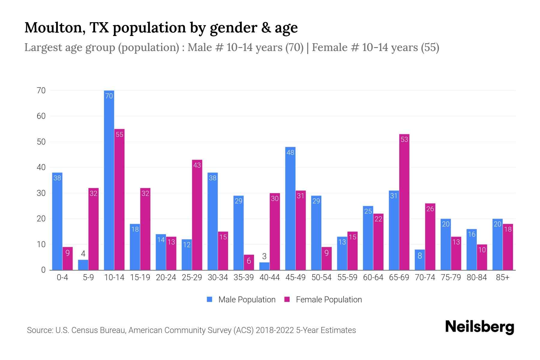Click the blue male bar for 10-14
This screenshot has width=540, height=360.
(x=109, y=180)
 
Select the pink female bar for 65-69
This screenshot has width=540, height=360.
(x=404, y=202)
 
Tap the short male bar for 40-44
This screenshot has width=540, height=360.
(x=264, y=266)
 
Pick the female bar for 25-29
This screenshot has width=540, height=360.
(x=197, y=215)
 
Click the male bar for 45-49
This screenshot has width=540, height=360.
(x=290, y=208)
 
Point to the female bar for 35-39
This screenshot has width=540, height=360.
(x=249, y=262)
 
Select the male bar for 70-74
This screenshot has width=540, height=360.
(x=420, y=260)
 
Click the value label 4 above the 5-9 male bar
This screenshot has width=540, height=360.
(x=83, y=254)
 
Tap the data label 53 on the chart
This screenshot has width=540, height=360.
(x=404, y=139)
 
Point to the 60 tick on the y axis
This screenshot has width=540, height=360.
(x=41, y=116)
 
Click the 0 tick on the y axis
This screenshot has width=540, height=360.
(x=43, y=270)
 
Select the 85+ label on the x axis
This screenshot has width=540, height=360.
(x=502, y=277)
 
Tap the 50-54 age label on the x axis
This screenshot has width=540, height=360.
(x=321, y=277)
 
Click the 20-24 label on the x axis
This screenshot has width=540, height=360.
(x=166, y=277)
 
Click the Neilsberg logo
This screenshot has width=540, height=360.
(x=479, y=327)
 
